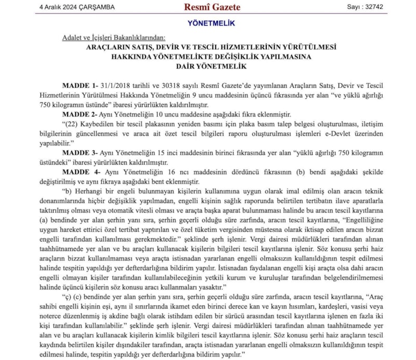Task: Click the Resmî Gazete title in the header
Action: (211, 7)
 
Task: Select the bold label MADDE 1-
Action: (80, 85)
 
